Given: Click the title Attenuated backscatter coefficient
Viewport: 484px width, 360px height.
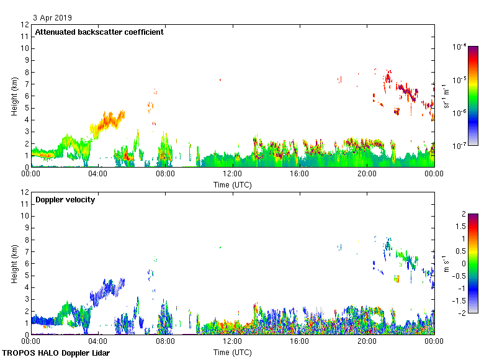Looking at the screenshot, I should pos(99,32).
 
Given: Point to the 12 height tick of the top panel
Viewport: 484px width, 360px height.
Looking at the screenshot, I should pos(25,25).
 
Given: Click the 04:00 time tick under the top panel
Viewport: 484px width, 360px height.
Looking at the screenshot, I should pos(98,174).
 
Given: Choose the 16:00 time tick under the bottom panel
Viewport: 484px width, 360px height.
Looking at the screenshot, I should pos(300,342).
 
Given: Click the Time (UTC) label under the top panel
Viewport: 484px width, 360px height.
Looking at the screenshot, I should pos(233,184).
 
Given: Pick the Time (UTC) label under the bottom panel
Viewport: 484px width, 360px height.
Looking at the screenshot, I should pos(233,352).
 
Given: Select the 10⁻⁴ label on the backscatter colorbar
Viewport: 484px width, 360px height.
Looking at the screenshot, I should pos(460,47).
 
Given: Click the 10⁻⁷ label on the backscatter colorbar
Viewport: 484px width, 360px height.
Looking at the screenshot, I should pos(460,146).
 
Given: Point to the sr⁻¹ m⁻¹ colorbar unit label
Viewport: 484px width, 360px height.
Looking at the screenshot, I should pos(447,96).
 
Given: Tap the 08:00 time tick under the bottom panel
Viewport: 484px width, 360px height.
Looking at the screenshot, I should pos(165,342).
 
